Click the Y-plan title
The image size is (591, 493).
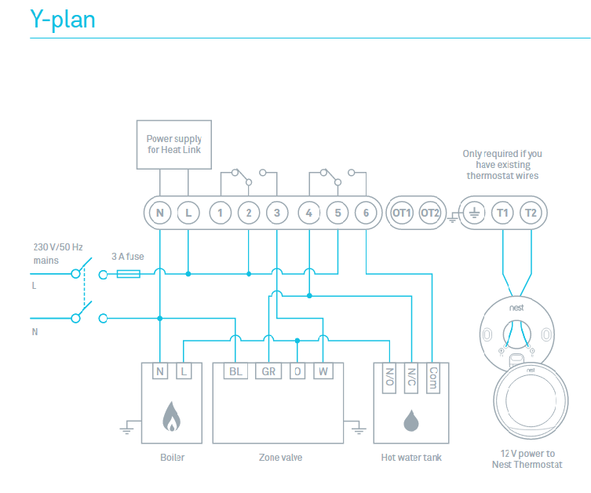click(x=63, y=19)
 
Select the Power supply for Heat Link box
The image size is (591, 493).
click(x=173, y=144)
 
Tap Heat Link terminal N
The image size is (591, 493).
click(x=159, y=213)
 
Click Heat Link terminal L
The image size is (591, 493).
click(x=188, y=213)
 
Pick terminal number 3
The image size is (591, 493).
click(x=276, y=213)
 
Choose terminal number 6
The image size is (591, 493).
click(x=366, y=213)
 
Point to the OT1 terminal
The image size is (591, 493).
click(x=401, y=213)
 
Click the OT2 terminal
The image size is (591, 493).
click(x=429, y=213)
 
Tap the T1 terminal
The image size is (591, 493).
click(x=502, y=213)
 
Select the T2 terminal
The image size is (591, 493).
click(x=531, y=213)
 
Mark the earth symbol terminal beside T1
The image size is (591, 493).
click(x=474, y=213)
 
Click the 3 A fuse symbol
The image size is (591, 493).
click(x=128, y=274)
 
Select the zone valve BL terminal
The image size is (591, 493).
click(x=235, y=371)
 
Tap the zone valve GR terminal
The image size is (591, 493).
click(x=268, y=371)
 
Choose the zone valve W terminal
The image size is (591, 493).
click(x=323, y=371)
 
